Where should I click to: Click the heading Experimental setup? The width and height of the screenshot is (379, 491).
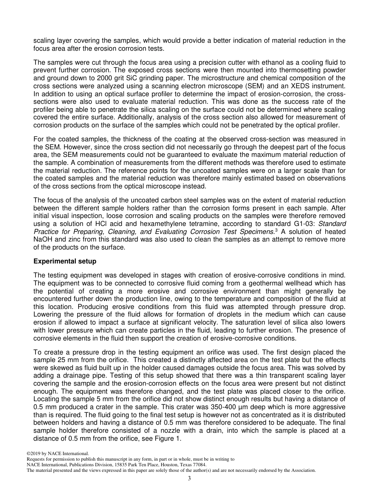(x=65, y=261)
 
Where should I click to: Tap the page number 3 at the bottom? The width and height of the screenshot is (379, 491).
(x=189, y=478)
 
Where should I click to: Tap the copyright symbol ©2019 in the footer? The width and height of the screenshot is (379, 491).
(x=35, y=454)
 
